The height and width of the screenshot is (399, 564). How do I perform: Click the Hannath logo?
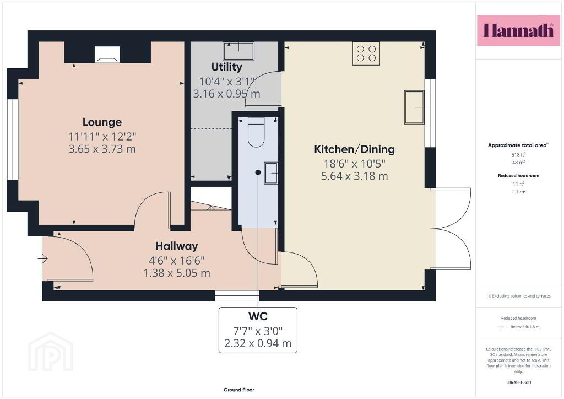(x=518, y=30)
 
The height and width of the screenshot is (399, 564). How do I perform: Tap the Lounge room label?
(x=102, y=122)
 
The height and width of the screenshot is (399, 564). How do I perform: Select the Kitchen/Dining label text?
(x=354, y=149)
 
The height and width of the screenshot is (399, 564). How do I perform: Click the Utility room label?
(x=226, y=67)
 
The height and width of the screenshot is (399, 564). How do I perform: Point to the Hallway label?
(x=177, y=246)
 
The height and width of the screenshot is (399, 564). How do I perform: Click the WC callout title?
(x=258, y=316)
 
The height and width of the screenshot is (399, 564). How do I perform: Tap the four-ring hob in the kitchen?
(x=366, y=53)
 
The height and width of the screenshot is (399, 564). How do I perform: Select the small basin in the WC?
(x=271, y=173)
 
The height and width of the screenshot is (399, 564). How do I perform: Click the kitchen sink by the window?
(x=414, y=107)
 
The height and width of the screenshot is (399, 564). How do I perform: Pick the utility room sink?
(x=238, y=51)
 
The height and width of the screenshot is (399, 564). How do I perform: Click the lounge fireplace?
(x=107, y=55)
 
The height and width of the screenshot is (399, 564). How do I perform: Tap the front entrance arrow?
(x=43, y=258)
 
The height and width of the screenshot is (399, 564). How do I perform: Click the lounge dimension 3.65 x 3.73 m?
(x=102, y=149)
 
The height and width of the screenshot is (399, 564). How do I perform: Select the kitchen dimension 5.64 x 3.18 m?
(x=354, y=176)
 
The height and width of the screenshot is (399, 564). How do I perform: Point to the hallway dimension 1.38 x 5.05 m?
(x=177, y=273)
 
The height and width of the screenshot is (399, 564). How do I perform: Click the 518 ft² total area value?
(x=518, y=155)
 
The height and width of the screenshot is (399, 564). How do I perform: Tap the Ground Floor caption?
(x=239, y=390)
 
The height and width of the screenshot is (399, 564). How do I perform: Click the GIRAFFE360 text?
(x=518, y=382)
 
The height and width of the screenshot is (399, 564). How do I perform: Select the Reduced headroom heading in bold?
(x=518, y=176)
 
